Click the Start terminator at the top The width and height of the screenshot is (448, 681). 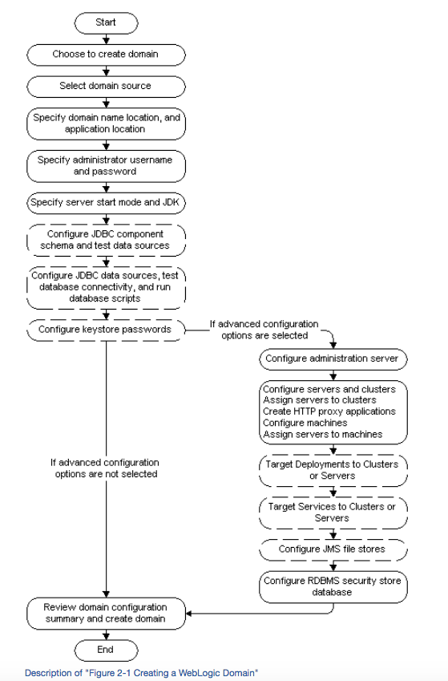click(106, 22)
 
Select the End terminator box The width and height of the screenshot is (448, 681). click(106, 651)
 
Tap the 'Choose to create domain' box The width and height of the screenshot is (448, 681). click(106, 55)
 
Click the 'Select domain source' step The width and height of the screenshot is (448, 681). click(106, 87)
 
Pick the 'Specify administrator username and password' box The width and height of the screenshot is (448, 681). click(106, 166)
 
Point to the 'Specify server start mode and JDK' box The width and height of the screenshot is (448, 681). click(106, 203)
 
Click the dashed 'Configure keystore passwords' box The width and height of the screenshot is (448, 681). click(106, 330)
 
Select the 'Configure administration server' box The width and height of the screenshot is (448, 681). click(333, 359)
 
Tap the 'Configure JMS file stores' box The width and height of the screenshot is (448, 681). click(333, 549)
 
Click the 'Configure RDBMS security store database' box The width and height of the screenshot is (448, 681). click(333, 587)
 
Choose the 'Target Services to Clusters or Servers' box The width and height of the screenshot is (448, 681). click(333, 513)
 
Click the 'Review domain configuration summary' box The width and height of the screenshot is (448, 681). click(106, 614)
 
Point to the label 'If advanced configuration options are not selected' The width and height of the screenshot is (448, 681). click(105, 468)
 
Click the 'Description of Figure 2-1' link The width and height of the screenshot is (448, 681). click(142, 673)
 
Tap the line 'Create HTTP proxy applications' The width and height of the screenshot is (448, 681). click(329, 411)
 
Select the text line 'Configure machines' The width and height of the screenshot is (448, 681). click(305, 423)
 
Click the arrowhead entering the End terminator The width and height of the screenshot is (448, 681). click(106, 636)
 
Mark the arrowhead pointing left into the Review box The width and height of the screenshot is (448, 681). click(189, 614)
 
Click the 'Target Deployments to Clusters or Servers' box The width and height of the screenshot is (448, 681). click(333, 470)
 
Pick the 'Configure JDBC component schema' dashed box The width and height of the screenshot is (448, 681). click(106, 240)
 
